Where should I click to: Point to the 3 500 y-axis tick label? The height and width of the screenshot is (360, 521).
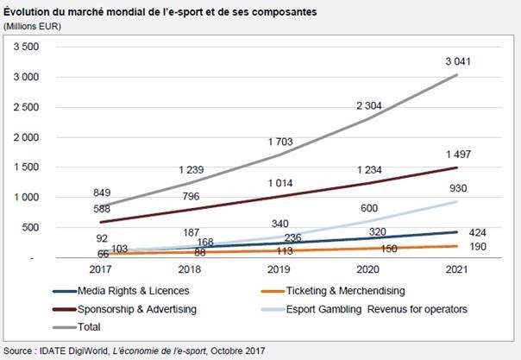tap(28, 47)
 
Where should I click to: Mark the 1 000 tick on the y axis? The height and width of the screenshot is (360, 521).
tap(28, 198)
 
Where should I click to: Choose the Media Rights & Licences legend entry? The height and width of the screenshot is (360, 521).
tap(126, 292)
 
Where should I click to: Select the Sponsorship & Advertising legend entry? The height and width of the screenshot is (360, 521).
tap(131, 309)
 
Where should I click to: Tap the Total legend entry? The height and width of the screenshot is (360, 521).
tap(90, 326)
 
